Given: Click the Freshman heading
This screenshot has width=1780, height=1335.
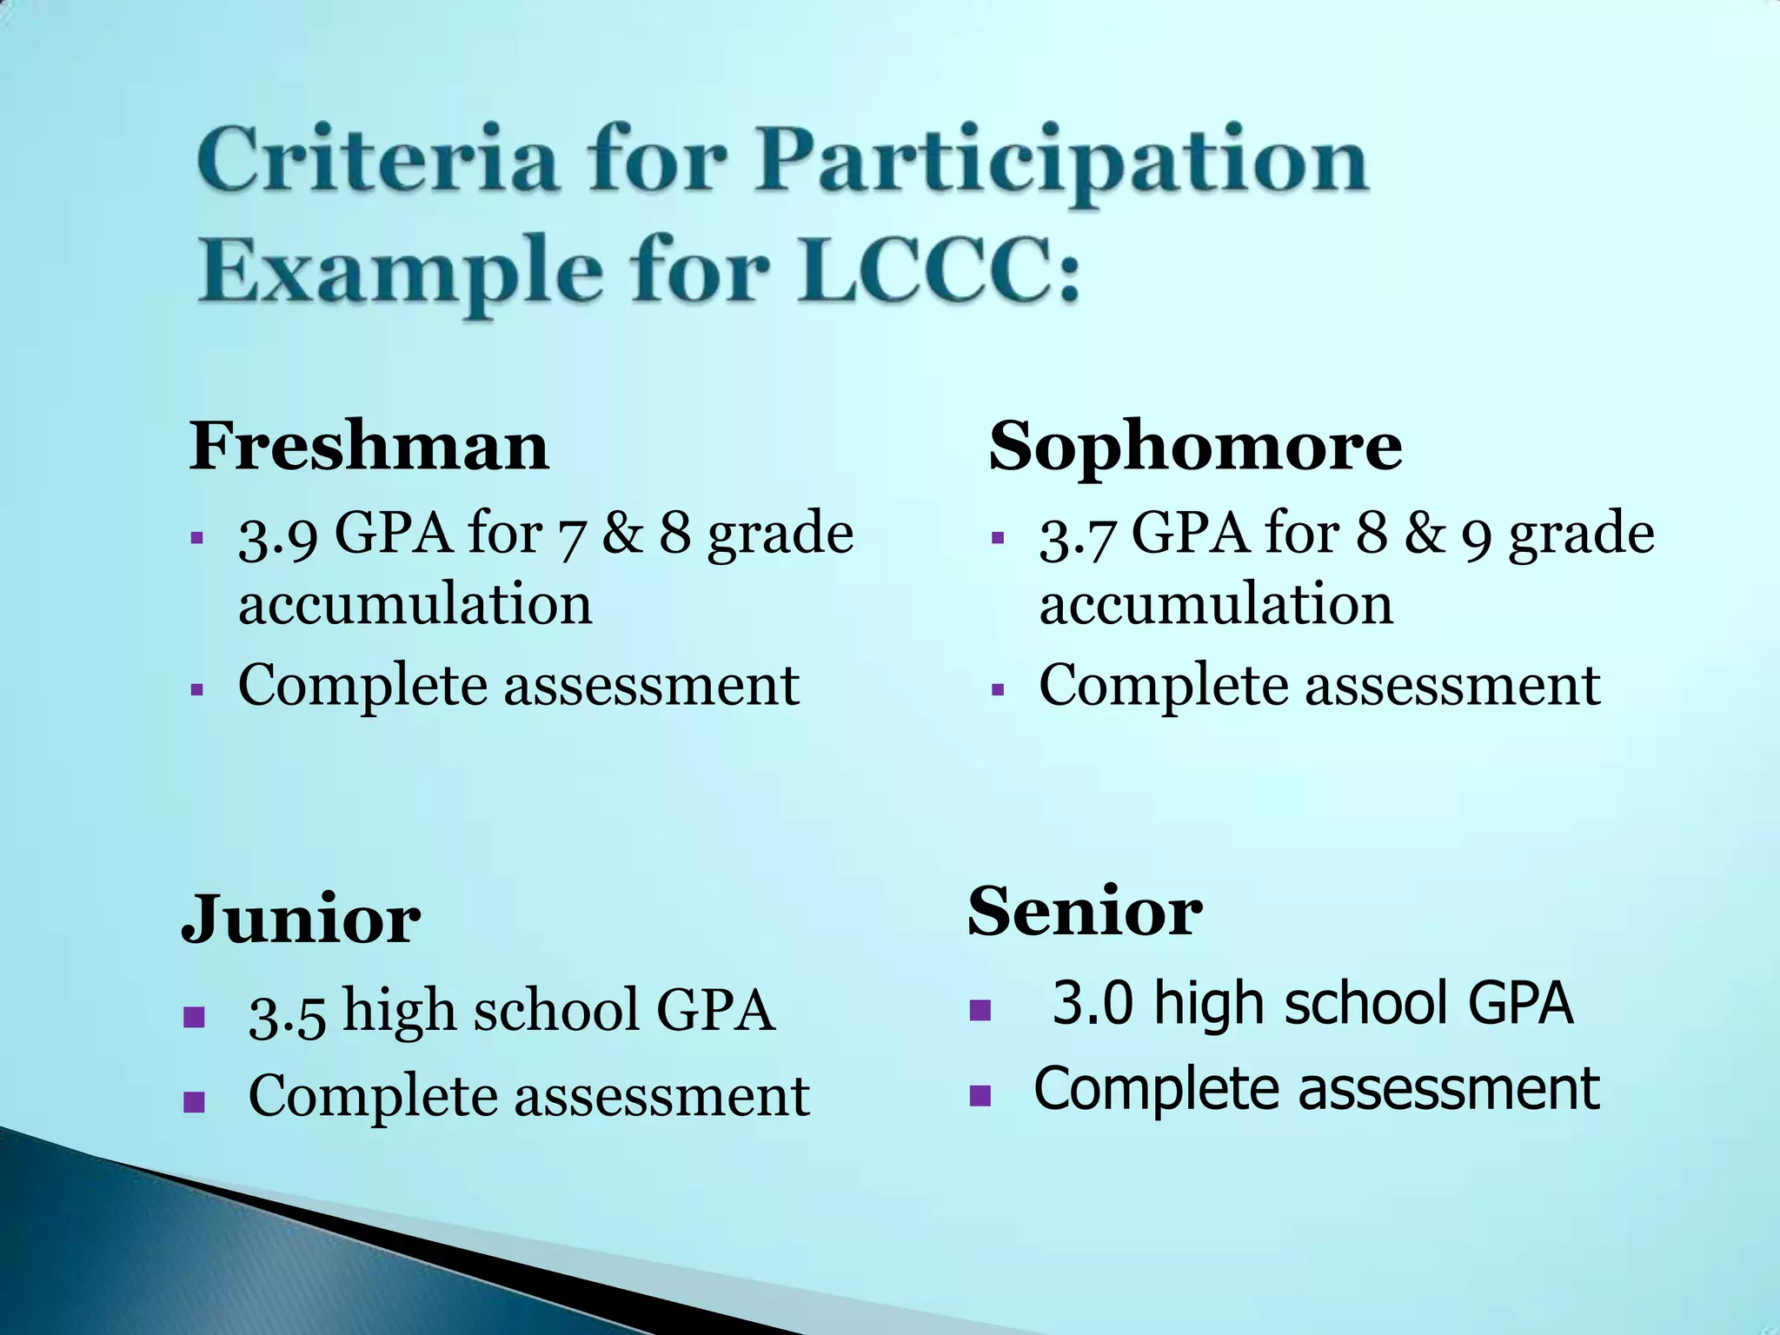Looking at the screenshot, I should (369, 446).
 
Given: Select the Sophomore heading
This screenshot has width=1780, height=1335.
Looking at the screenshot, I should (1195, 446).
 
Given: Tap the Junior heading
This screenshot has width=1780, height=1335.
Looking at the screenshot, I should (301, 920).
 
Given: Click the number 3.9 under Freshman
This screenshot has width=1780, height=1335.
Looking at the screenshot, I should (278, 535).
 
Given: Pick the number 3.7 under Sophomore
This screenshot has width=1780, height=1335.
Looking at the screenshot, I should (1078, 535).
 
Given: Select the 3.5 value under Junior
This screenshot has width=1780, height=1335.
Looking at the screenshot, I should (288, 1013).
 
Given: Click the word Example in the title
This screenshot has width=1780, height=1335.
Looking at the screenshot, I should (400, 273).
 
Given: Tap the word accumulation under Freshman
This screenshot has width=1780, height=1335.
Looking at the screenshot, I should (415, 605).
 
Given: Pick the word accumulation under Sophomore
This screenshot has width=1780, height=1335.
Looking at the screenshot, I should (1216, 605).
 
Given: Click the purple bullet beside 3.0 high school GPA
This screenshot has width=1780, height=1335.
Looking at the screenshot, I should (980, 1010).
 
